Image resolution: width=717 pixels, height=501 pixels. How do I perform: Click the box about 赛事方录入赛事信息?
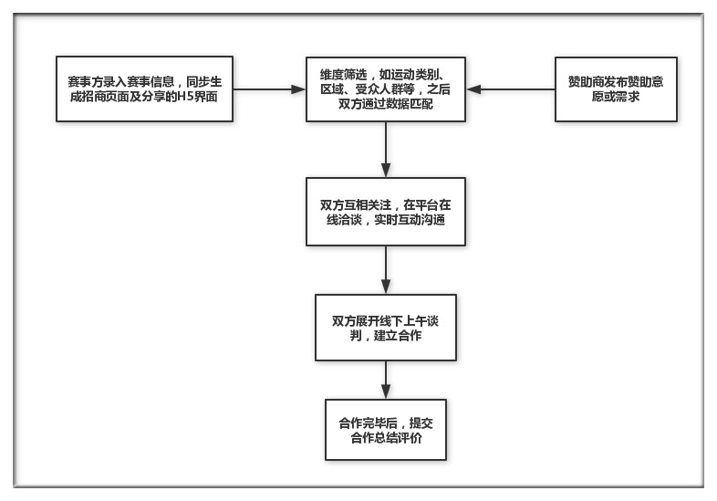coord(144,89)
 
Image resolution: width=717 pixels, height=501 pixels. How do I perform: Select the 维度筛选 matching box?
coord(386,89)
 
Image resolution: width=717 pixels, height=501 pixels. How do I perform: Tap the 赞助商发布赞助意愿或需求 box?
coord(616,89)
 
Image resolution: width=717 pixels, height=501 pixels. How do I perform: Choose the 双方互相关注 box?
coord(386,212)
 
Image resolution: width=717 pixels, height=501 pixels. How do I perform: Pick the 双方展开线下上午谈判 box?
coord(386,328)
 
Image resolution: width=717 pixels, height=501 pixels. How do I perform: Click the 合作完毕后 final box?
coord(386,430)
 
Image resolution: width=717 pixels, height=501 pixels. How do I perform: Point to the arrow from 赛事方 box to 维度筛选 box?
coord(269,89)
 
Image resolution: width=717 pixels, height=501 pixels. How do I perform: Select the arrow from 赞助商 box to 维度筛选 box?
coord(510,89)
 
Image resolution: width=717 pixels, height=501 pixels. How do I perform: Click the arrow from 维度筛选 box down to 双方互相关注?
coord(386,150)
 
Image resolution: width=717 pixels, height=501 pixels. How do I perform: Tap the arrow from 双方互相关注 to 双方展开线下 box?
coord(386,270)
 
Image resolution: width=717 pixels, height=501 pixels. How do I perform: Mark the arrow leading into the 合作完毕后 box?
coord(386,380)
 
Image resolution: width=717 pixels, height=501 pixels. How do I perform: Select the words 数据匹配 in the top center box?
coord(409,104)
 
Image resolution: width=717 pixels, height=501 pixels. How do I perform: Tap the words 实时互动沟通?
coord(410,220)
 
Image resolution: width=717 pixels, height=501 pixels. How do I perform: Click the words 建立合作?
coord(398,336)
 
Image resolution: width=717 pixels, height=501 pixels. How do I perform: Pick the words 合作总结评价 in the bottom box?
coord(386,438)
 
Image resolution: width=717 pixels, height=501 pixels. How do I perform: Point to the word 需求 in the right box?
coord(628,97)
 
